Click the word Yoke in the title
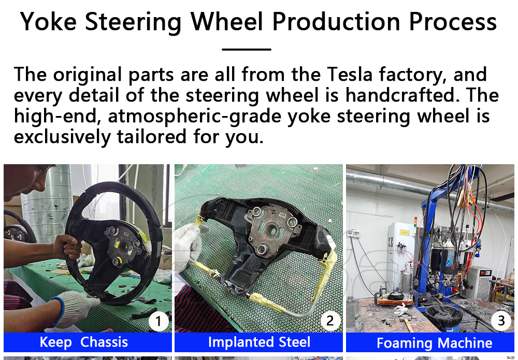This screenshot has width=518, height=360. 48,22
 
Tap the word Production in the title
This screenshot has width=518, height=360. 336,22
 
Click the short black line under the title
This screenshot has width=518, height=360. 247,50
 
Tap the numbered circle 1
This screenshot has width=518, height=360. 158,321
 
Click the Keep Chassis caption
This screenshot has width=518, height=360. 83,342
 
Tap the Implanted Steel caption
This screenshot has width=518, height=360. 259,342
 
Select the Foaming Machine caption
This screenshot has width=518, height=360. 435,343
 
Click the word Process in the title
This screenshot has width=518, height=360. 453,22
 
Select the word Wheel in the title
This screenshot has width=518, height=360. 227,22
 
